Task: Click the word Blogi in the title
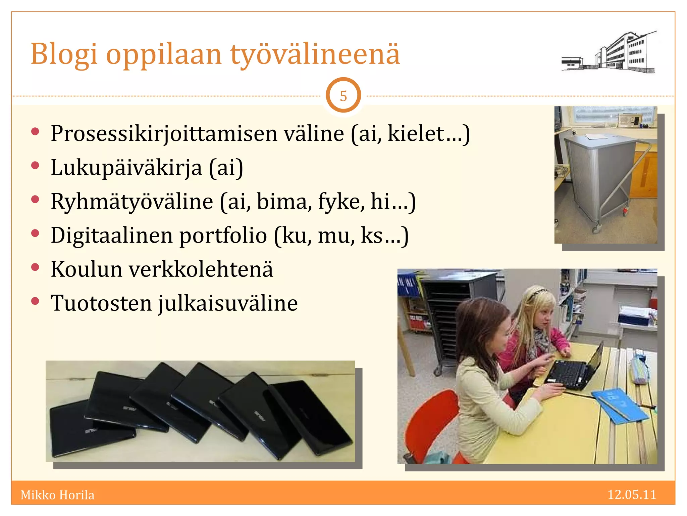(64, 54)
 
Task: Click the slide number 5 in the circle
(343, 96)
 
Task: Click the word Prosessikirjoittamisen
(164, 134)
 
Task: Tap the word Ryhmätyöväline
(132, 202)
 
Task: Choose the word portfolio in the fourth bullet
(223, 235)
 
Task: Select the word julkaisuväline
(228, 303)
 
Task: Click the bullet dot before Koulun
(35, 267)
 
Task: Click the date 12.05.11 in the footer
(632, 495)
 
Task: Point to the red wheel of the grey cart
(625, 211)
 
